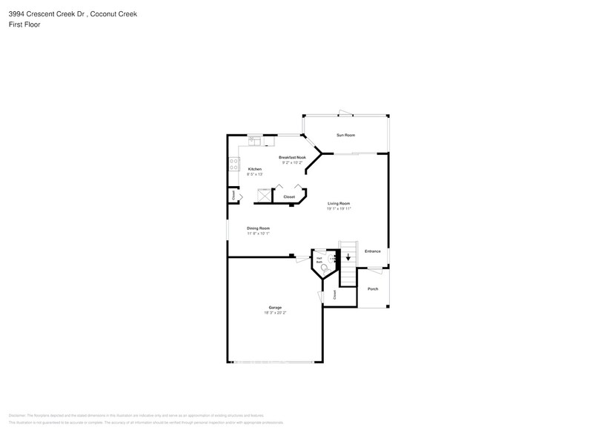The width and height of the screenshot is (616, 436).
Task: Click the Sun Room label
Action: [345, 135]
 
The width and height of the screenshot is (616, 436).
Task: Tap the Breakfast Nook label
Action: [291, 157]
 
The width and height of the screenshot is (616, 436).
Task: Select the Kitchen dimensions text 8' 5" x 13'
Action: [255, 174]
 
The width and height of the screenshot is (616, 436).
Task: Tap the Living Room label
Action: [339, 203]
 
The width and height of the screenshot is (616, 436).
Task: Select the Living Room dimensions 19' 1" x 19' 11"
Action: [339, 208]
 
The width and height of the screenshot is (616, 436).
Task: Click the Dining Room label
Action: [258, 228]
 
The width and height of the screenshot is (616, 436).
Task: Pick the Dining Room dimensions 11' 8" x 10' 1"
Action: [258, 234]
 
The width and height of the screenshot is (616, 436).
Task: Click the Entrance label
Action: [372, 251]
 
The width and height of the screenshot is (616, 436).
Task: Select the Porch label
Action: [373, 289]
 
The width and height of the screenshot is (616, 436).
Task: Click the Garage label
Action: [274, 308]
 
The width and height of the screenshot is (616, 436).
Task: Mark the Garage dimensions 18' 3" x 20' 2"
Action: [274, 313]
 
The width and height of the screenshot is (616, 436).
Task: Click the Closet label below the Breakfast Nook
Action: [289, 197]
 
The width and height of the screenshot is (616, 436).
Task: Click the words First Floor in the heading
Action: [25, 24]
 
